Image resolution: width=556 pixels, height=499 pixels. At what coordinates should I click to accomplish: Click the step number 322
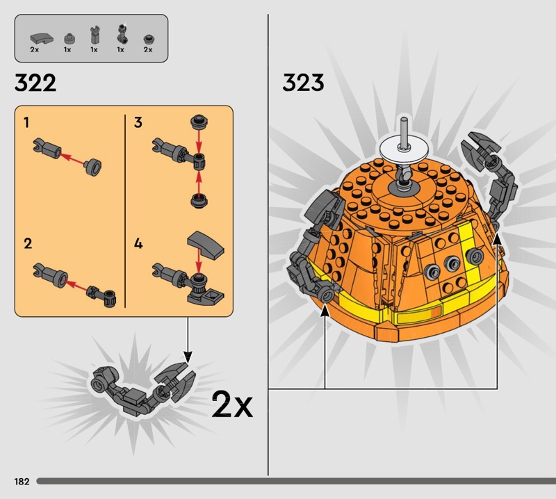[35, 83]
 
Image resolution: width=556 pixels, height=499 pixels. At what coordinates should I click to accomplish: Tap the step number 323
[303, 82]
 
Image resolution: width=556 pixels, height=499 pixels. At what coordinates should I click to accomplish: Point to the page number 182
[22, 481]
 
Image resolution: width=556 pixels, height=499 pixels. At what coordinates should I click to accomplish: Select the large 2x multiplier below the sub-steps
[232, 404]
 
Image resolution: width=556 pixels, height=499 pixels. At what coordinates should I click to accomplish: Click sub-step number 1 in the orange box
[26, 122]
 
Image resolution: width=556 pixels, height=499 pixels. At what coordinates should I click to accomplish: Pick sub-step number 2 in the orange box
[28, 244]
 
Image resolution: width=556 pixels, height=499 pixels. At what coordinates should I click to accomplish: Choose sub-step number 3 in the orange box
[138, 122]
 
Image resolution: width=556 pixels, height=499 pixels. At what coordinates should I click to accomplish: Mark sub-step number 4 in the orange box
[138, 244]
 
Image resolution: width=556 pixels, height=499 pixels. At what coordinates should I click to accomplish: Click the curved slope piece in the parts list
[42, 38]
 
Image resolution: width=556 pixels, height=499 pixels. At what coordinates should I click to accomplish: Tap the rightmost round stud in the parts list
[148, 39]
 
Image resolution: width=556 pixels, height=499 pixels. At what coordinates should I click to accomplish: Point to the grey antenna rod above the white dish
[404, 131]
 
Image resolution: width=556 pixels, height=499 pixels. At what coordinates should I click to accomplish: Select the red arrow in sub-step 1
[73, 158]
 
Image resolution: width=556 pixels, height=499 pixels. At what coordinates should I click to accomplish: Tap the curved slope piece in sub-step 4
[206, 245]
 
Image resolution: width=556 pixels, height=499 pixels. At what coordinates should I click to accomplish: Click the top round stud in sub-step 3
[199, 122]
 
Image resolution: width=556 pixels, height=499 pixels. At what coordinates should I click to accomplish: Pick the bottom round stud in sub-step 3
[199, 201]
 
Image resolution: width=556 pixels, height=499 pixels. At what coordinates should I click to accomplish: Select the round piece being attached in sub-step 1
[94, 167]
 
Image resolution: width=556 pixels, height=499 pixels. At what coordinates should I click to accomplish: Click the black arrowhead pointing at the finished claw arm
[188, 357]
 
